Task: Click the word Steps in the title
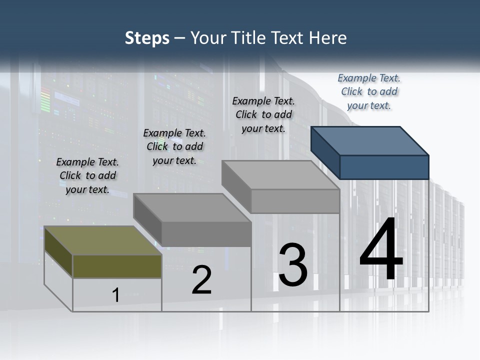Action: (147, 38)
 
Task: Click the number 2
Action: (201, 280)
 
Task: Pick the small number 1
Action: (116, 295)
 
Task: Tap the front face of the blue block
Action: (384, 167)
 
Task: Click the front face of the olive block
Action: (117, 266)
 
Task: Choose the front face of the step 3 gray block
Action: (295, 201)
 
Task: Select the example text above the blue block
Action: (369, 92)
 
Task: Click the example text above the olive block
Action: (87, 175)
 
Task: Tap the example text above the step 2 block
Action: (174, 146)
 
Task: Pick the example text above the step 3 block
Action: (263, 114)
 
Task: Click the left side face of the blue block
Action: (325, 152)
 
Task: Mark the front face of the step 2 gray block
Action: (206, 234)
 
